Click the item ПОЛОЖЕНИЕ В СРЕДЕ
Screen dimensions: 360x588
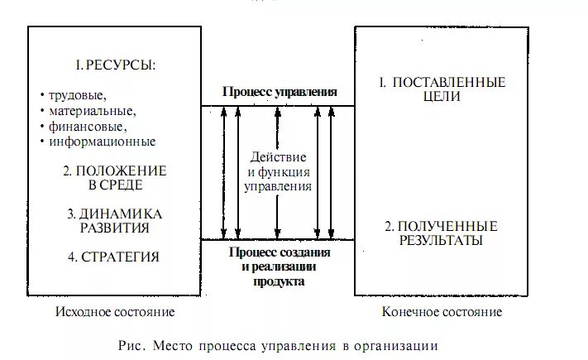pos(114,177)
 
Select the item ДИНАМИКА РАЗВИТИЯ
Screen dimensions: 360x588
pos(114,220)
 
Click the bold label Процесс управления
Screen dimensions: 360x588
pos(280,92)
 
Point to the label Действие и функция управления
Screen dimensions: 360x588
pos(279,171)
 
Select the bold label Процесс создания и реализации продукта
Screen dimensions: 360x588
pos(279,266)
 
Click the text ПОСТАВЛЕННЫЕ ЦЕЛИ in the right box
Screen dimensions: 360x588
pos(442,89)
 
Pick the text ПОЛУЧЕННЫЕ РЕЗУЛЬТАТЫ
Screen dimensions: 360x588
pos(442,233)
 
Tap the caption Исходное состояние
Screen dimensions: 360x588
pos(115,312)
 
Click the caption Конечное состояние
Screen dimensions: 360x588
pos(442,312)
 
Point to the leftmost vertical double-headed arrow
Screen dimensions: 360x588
pos(223,172)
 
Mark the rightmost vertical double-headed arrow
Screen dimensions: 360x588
pos(331,172)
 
